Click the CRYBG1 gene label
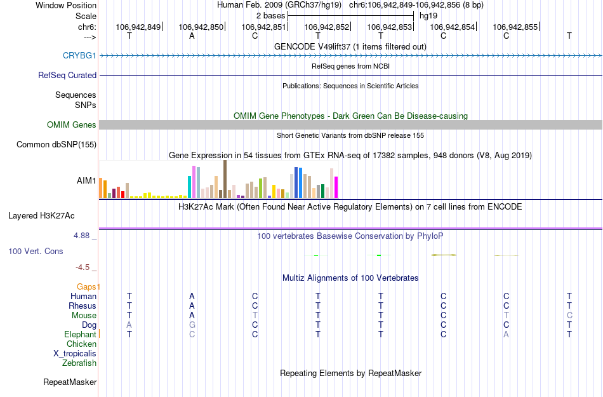click(79, 55)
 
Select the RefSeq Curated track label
click(67, 75)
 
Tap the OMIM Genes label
click(72, 124)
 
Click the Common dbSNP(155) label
click(56, 144)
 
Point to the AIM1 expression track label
click(86, 180)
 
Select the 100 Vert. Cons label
click(36, 251)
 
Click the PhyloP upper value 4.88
click(82, 235)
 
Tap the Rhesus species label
click(83, 306)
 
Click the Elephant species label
click(80, 334)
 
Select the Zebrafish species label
click(79, 363)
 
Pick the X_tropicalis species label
click(75, 354)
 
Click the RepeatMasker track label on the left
click(70, 382)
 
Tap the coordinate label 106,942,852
click(327, 27)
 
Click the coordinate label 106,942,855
click(515, 27)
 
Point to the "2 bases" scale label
click(270, 15)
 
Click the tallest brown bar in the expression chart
click(225, 180)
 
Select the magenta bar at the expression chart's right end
click(336, 187)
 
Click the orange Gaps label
click(88, 286)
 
